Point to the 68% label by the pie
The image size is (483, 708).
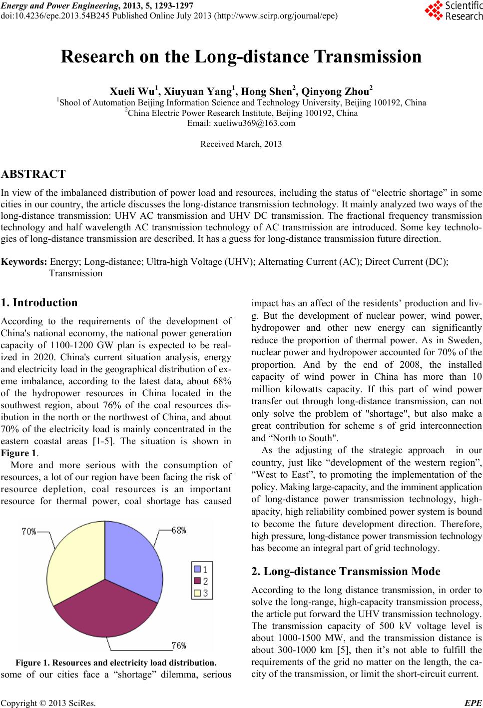point(178,531)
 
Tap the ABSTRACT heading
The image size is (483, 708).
point(33,174)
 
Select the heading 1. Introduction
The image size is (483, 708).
point(39,302)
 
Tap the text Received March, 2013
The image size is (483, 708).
point(241,144)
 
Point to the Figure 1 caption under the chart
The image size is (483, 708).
point(116,663)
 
